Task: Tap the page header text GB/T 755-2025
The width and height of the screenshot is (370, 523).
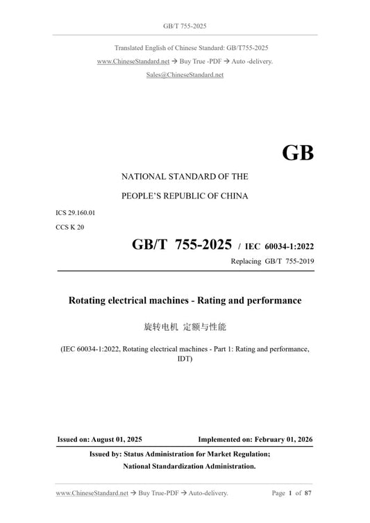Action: [185, 26]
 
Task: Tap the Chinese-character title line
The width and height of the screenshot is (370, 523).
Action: [185, 325]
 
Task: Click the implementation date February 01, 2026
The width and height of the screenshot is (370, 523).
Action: [284, 440]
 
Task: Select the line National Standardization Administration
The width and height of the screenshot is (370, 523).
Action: [190, 467]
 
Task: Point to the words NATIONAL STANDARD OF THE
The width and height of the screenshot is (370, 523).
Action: [185, 177]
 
